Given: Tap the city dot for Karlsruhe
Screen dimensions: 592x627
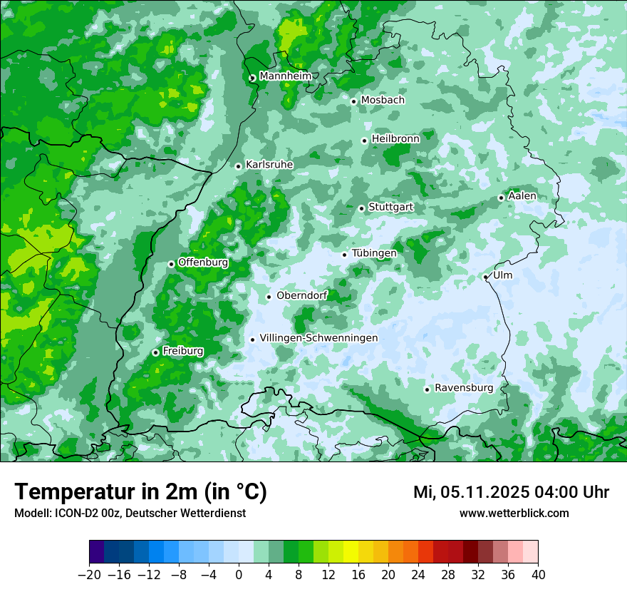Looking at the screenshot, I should pos(239,166).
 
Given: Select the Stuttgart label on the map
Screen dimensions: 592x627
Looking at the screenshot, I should pos(390,207).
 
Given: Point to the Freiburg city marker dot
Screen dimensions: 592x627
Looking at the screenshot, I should pos(155,352).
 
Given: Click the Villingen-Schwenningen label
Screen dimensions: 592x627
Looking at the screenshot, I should pos(318,338).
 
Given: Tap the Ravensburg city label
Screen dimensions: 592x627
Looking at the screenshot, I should pos(464,388).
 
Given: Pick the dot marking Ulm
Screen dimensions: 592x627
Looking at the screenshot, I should pos(486,277).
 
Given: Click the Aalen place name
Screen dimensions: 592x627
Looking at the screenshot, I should pos(522,196).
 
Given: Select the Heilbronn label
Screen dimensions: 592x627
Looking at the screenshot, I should pos(395,138).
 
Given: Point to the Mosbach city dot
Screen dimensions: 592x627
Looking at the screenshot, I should pos(353,101).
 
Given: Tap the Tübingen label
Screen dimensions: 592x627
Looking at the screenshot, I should pos(374,253).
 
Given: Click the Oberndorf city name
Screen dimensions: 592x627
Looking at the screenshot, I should pos(302,295).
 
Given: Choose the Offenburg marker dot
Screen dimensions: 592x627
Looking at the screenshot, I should pos(171,264).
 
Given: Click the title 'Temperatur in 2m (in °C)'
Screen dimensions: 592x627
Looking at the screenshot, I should pos(140,492).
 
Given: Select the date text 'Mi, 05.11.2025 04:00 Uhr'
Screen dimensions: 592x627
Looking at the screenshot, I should pos(511,492).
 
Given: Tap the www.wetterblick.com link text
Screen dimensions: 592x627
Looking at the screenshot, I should pos(514,513).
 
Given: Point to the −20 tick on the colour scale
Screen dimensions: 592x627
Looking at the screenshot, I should pos(89,575).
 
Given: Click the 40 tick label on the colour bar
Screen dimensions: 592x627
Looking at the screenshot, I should pos(538,575).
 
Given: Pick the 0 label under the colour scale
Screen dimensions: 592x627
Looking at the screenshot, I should pos(239,575).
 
